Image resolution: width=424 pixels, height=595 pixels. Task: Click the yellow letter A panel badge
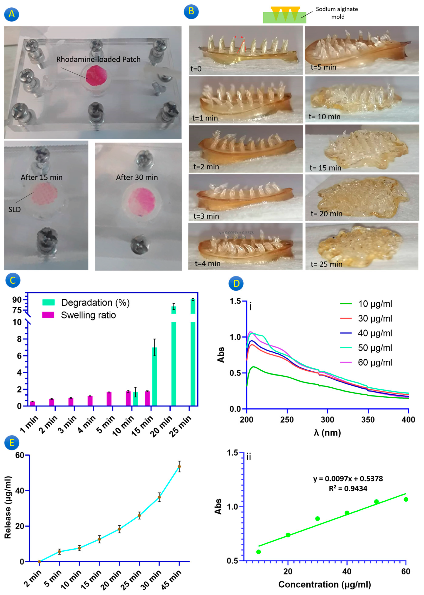pyautogui.click(x=11, y=14)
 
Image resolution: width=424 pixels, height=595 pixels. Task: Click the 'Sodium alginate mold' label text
pyautogui.click(x=337, y=13)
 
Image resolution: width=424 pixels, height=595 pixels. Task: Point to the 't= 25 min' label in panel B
pyautogui.click(x=326, y=264)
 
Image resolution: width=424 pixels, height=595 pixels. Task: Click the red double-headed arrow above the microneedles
pyautogui.click(x=239, y=37)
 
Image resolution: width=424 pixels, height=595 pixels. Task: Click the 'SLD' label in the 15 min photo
pyautogui.click(x=14, y=209)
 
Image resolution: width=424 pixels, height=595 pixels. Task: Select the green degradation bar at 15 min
pyautogui.click(x=155, y=376)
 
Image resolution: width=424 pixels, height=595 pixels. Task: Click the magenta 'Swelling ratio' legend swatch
pyautogui.click(x=48, y=315)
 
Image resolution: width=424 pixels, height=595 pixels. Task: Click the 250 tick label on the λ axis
pyautogui.click(x=287, y=420)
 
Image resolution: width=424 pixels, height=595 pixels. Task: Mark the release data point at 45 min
pyautogui.click(x=179, y=467)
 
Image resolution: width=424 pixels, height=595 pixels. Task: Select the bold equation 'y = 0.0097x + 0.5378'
pyautogui.click(x=348, y=479)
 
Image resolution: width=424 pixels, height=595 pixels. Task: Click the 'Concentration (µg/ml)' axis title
pyautogui.click(x=325, y=584)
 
